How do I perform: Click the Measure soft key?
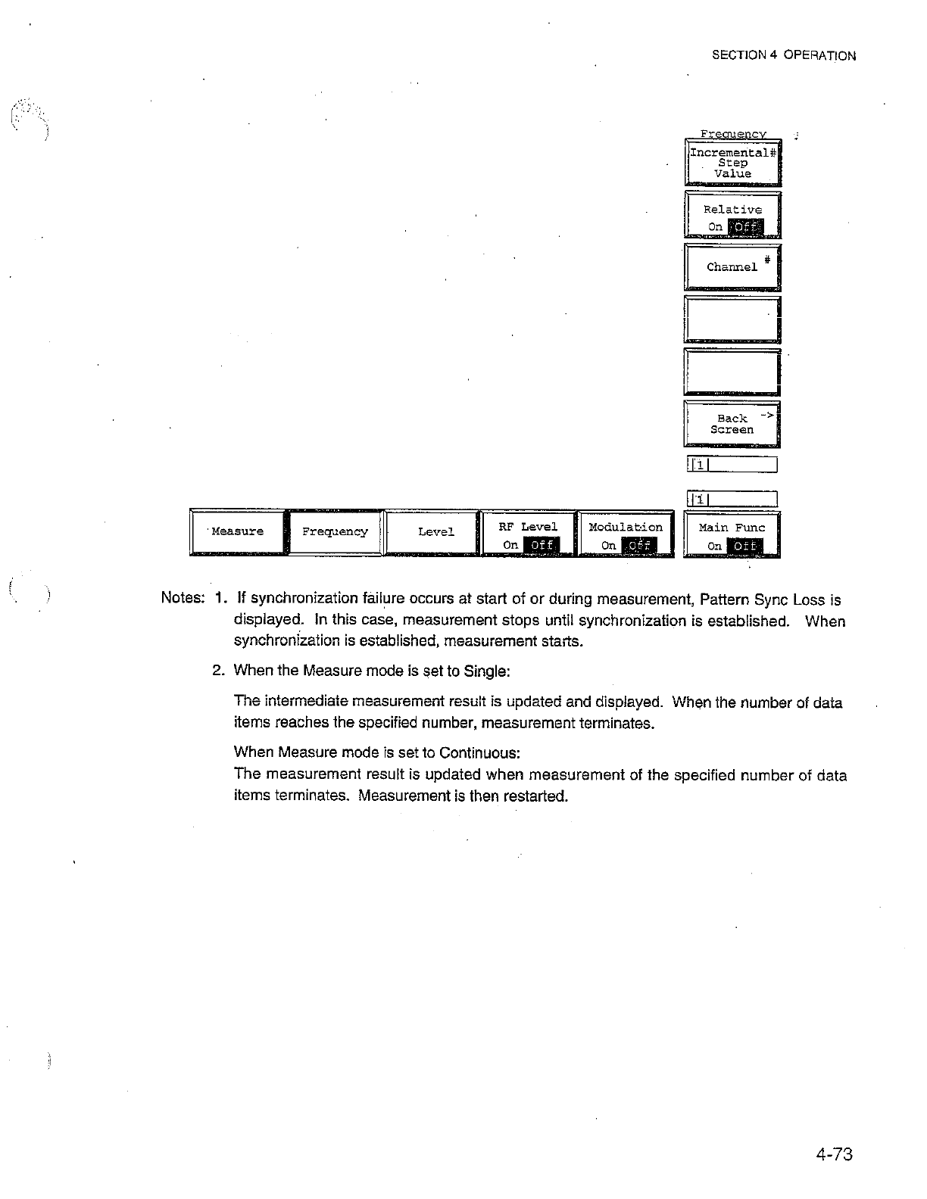238,531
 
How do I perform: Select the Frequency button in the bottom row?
335,531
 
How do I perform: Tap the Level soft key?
435,532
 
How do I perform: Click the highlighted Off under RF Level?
541,545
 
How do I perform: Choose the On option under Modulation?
607,545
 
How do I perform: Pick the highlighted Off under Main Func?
744,546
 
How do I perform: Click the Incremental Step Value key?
732,163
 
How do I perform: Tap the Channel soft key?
732,267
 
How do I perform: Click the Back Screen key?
732,424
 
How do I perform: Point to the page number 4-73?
835,1154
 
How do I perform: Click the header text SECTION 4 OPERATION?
785,55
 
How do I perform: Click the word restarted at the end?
535,796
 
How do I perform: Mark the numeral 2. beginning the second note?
219,671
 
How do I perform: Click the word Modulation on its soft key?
626,527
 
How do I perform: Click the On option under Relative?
715,227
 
